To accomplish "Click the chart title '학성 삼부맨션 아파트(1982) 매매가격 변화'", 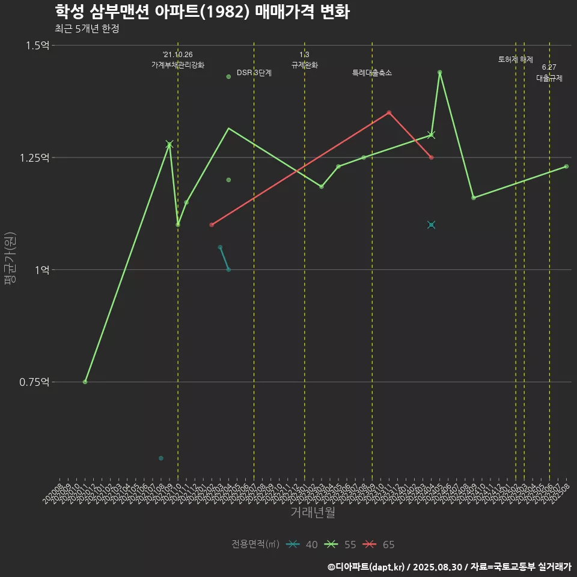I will [x=202, y=12].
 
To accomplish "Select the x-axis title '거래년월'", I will [x=313, y=512].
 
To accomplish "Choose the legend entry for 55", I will [x=341, y=545].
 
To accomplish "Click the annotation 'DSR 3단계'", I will [x=254, y=73].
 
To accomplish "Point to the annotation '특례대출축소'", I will [x=372, y=73].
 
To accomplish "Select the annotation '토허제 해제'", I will [x=516, y=60].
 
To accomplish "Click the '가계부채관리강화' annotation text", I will [x=178, y=65].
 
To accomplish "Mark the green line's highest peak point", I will [x=440, y=72].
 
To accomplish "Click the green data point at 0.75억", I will [x=85, y=382].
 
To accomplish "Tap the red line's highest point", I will [x=389, y=112].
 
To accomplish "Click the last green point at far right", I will [x=566, y=166].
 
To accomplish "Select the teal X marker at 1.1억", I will [x=431, y=225].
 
